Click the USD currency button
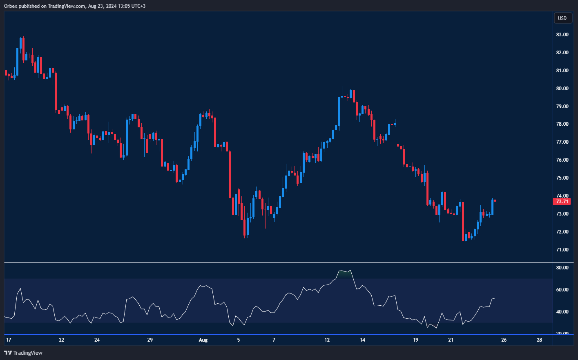[x=562, y=18]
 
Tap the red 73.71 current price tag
[x=562, y=202]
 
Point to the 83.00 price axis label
[x=562, y=35]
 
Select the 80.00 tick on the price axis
[x=562, y=89]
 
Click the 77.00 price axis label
[x=562, y=142]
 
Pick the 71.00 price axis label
[x=562, y=250]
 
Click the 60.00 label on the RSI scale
[x=562, y=290]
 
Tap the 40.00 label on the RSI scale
[x=562, y=312]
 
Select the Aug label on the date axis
[x=203, y=340]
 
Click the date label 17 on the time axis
[x=9, y=340]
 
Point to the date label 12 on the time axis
[x=327, y=340]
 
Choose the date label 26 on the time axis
[x=504, y=340]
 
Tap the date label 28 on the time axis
[x=539, y=340]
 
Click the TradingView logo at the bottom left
[x=23, y=353]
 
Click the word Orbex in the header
[x=11, y=6]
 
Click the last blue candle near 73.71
[x=492, y=207]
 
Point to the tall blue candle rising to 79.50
[x=339, y=111]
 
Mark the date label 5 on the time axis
[x=239, y=340]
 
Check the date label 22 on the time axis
[x=62, y=340]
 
